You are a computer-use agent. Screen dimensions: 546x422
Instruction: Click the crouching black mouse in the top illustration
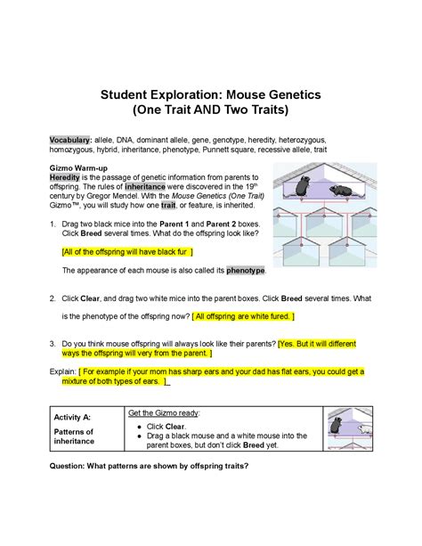point(340,190)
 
